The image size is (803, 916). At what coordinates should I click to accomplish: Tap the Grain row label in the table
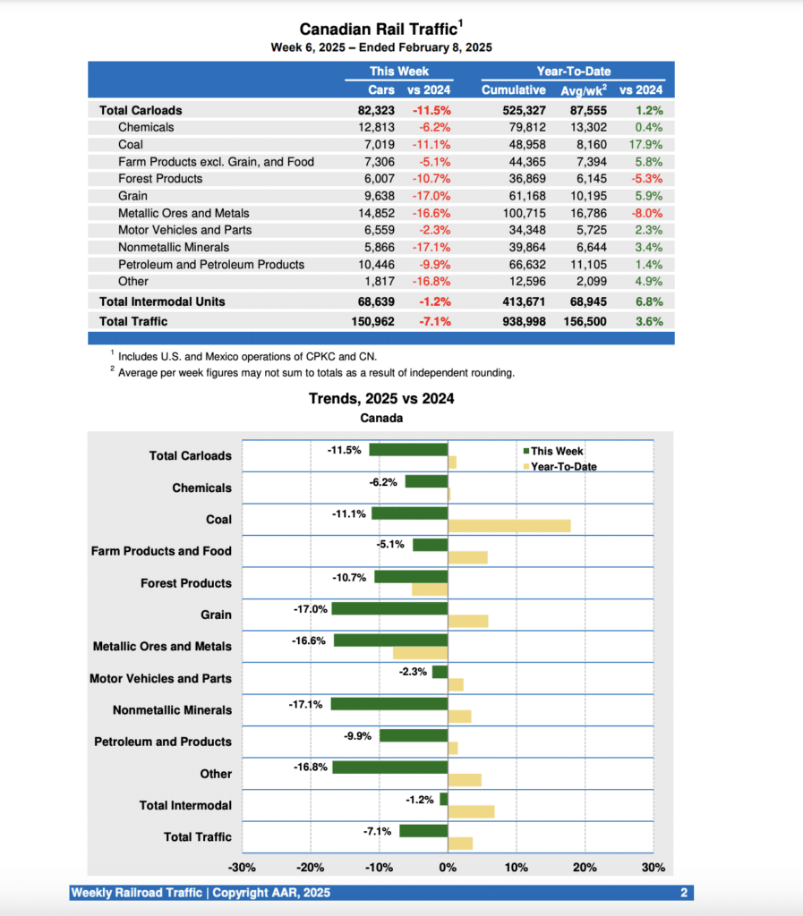(x=132, y=196)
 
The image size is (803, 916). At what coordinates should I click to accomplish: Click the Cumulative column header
(x=513, y=90)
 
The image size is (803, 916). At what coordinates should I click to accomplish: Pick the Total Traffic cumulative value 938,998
(x=513, y=321)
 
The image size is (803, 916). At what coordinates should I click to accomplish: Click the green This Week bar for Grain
(x=389, y=608)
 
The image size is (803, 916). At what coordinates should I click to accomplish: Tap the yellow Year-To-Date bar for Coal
(x=508, y=526)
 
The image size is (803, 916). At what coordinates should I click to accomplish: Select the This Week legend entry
(x=556, y=451)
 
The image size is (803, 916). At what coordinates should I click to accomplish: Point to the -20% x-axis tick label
(x=311, y=868)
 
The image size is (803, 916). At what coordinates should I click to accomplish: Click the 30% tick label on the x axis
(x=654, y=868)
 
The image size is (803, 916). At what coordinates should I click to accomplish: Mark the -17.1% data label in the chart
(x=305, y=705)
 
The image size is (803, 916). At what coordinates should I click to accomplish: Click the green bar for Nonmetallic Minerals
(x=389, y=704)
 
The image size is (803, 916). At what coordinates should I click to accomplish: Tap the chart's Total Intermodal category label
(x=185, y=805)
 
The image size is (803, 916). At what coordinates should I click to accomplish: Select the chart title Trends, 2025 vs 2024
(x=381, y=398)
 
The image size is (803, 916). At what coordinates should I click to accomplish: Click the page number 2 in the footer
(x=683, y=893)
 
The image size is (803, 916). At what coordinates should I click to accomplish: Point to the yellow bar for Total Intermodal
(x=471, y=811)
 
